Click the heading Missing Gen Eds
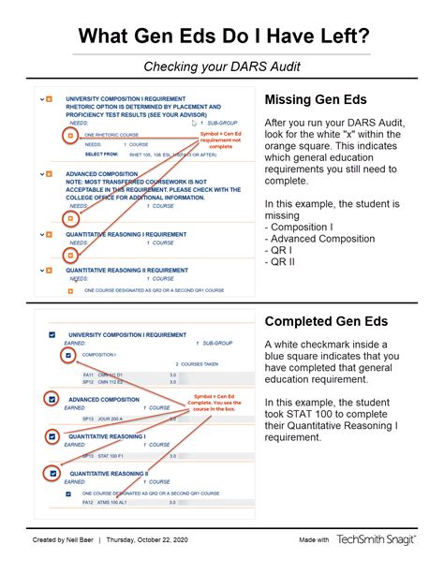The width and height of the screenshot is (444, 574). pyautogui.click(x=316, y=100)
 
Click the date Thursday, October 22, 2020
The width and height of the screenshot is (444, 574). pyautogui.click(x=147, y=540)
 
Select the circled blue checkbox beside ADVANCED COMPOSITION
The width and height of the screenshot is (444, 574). pyautogui.click(x=55, y=399)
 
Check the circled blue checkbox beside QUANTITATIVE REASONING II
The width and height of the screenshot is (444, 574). pyautogui.click(x=55, y=474)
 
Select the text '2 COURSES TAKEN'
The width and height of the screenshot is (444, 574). pyautogui.click(x=198, y=364)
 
